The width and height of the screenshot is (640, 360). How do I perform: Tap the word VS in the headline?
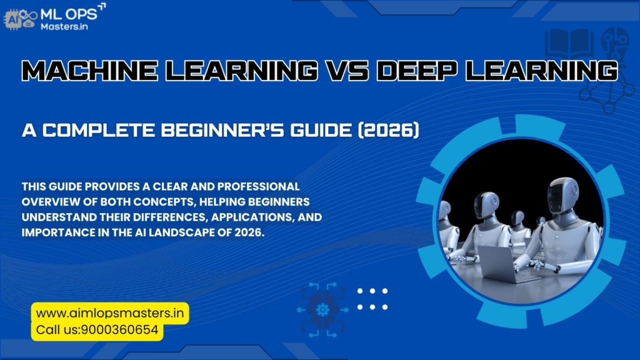tap(344, 71)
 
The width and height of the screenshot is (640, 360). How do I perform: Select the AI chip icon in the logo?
tap(13, 19)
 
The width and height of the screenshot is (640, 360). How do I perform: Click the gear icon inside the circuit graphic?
tap(322, 309)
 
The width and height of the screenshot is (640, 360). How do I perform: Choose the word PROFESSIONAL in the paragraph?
tap(257, 187)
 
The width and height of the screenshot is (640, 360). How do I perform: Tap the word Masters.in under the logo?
tap(64, 26)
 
